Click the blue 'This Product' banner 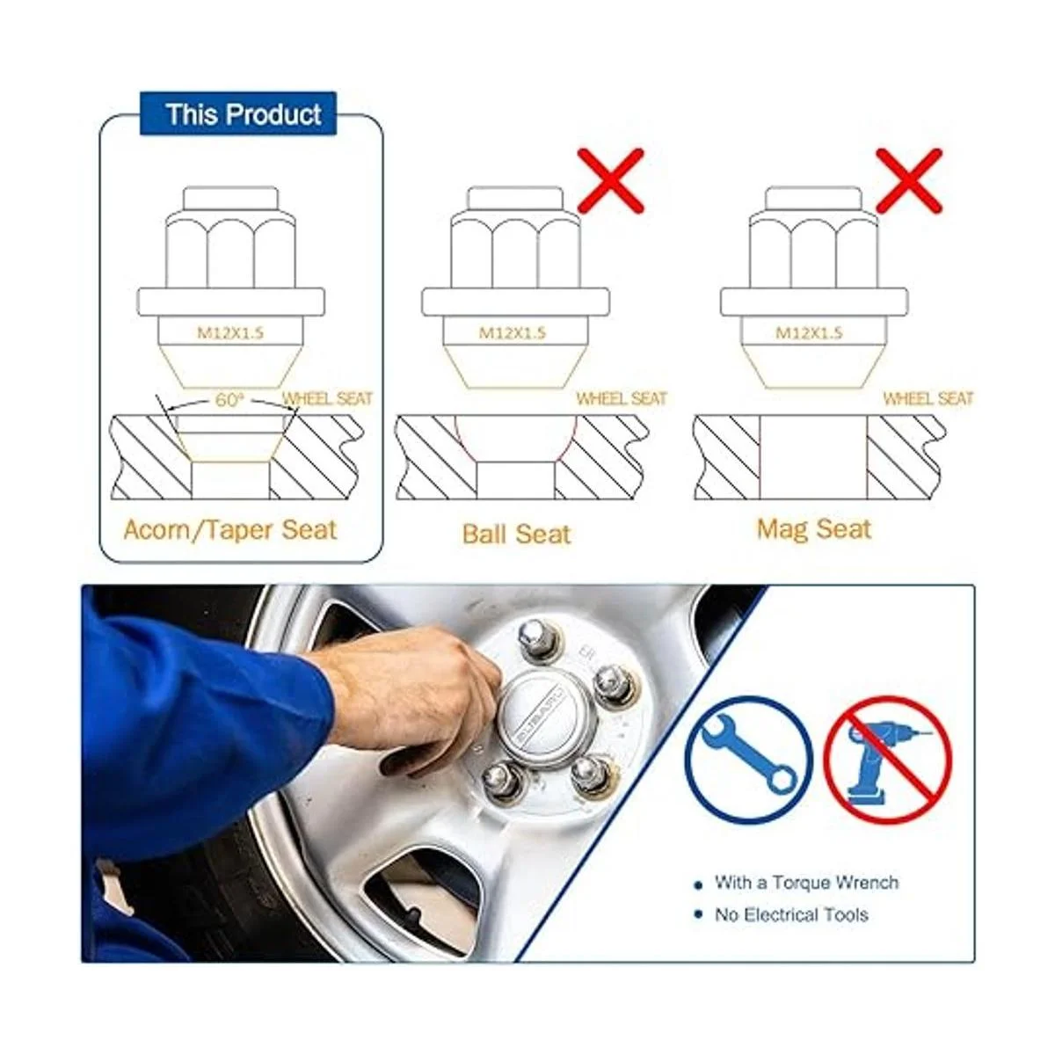[238, 113]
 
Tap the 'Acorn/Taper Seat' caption [230, 530]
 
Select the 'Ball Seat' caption [517, 534]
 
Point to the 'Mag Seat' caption [814, 529]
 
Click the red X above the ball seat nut [612, 181]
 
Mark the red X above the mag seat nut [909, 181]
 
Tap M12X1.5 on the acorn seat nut [230, 332]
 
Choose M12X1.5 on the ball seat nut [513, 332]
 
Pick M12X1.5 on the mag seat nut [809, 332]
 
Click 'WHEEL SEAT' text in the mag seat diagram [928, 398]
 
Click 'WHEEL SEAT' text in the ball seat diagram [622, 398]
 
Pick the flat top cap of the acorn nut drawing [230, 198]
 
